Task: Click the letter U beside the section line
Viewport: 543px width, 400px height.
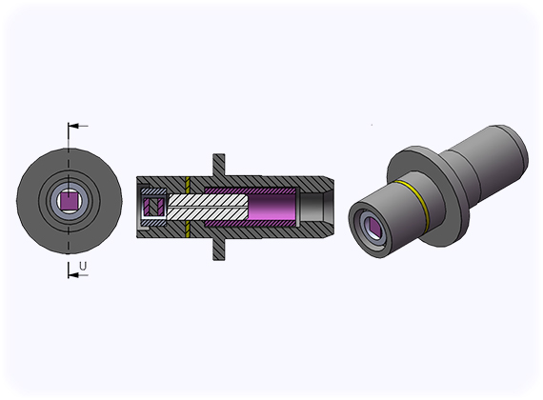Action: pos(83,267)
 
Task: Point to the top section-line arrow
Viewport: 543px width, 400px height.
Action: pos(78,126)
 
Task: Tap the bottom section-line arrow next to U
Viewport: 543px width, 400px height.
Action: pos(78,275)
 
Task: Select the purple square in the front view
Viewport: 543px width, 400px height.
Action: pos(70,201)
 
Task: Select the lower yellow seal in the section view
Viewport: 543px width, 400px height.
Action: pos(188,230)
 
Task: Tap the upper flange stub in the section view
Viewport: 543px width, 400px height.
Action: pos(218,165)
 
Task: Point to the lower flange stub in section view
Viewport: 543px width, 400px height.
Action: pos(218,249)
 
